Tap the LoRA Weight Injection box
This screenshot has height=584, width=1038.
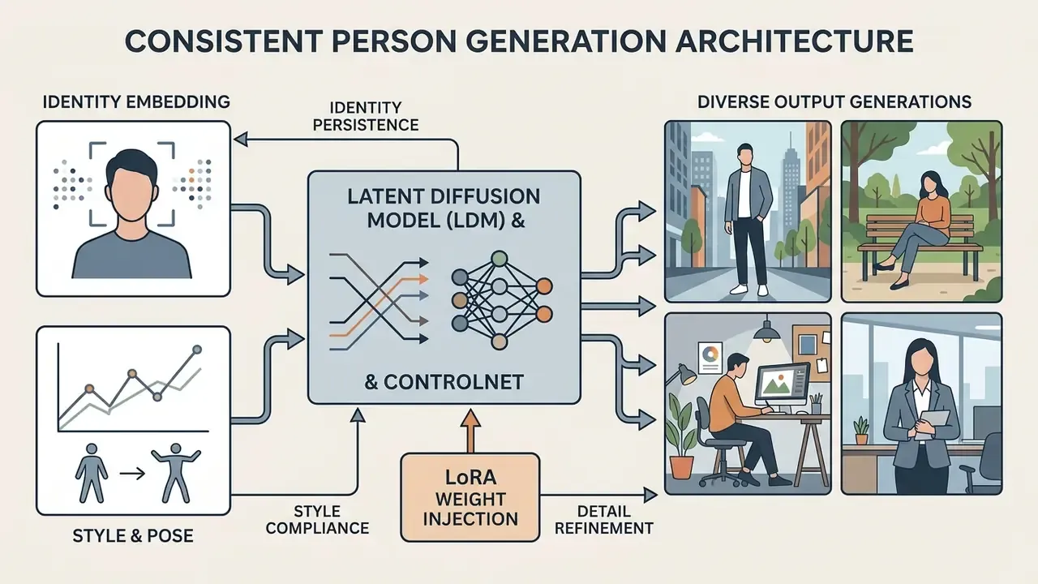(x=470, y=497)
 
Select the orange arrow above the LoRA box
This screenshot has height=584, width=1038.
(x=471, y=431)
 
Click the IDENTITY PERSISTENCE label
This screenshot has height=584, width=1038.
(x=366, y=116)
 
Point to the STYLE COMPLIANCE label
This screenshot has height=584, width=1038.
(x=317, y=520)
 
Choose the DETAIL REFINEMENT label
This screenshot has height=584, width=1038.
(x=604, y=520)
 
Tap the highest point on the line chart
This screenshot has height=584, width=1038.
(x=197, y=350)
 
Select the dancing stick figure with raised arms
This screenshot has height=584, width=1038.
(x=176, y=473)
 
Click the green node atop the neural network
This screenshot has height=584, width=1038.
(x=499, y=259)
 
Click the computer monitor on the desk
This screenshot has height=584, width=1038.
(x=783, y=386)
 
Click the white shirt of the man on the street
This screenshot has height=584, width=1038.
(x=744, y=194)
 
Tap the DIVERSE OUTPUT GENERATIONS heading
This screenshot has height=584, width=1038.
(x=834, y=102)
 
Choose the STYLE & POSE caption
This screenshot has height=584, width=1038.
(x=133, y=536)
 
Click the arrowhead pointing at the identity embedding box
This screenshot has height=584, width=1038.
(x=241, y=139)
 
